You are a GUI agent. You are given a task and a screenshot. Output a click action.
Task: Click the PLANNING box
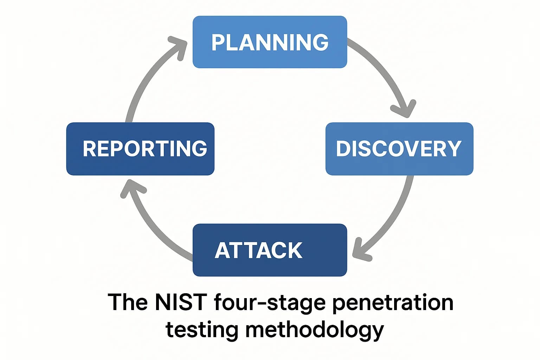coord(270,42)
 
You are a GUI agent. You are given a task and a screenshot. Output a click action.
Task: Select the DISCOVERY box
coord(399,149)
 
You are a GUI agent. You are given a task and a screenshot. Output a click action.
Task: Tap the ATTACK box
coord(270,250)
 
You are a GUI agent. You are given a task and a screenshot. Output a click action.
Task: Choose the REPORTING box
coord(140,149)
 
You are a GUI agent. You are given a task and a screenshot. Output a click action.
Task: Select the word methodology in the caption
coord(314,330)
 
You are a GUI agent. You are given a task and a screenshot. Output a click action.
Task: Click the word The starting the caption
coord(127,302)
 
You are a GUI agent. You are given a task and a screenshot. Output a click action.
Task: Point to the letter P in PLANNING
coord(218,43)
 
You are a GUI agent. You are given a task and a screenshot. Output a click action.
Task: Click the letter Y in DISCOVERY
coord(454,149)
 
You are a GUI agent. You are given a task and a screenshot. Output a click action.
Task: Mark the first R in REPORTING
coord(89,149)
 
